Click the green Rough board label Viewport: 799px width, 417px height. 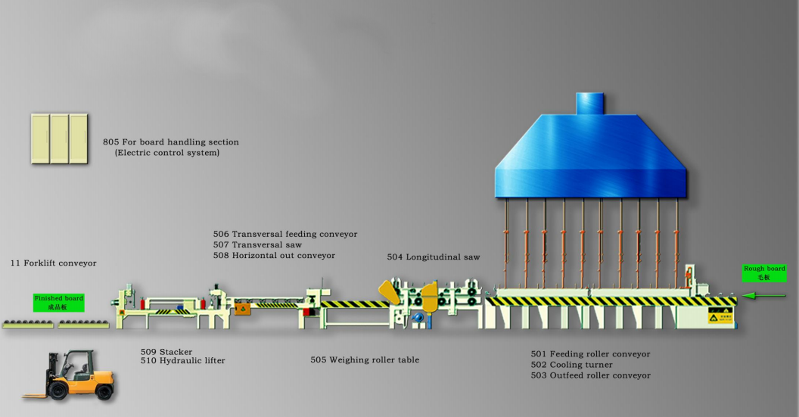pos(764,273)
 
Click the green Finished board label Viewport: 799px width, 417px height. pos(59,303)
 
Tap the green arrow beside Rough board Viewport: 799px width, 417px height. pos(767,296)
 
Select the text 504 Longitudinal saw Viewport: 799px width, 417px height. pos(433,257)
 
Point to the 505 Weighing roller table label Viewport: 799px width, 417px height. pos(365,360)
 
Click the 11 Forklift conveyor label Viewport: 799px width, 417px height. pos(53,263)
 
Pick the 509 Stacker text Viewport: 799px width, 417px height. pos(166,352)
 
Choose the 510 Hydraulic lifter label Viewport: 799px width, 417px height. pos(182,361)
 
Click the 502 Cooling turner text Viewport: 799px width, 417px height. pos(571,365)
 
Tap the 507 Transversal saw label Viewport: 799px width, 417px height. pos(257,245)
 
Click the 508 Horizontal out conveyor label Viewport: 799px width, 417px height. pos(274,256)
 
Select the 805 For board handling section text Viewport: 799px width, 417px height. pos(171,142)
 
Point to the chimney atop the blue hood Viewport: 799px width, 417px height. pos(591,104)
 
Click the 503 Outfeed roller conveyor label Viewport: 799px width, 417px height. pos(590,375)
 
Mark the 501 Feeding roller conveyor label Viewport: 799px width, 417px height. pos(590,354)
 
